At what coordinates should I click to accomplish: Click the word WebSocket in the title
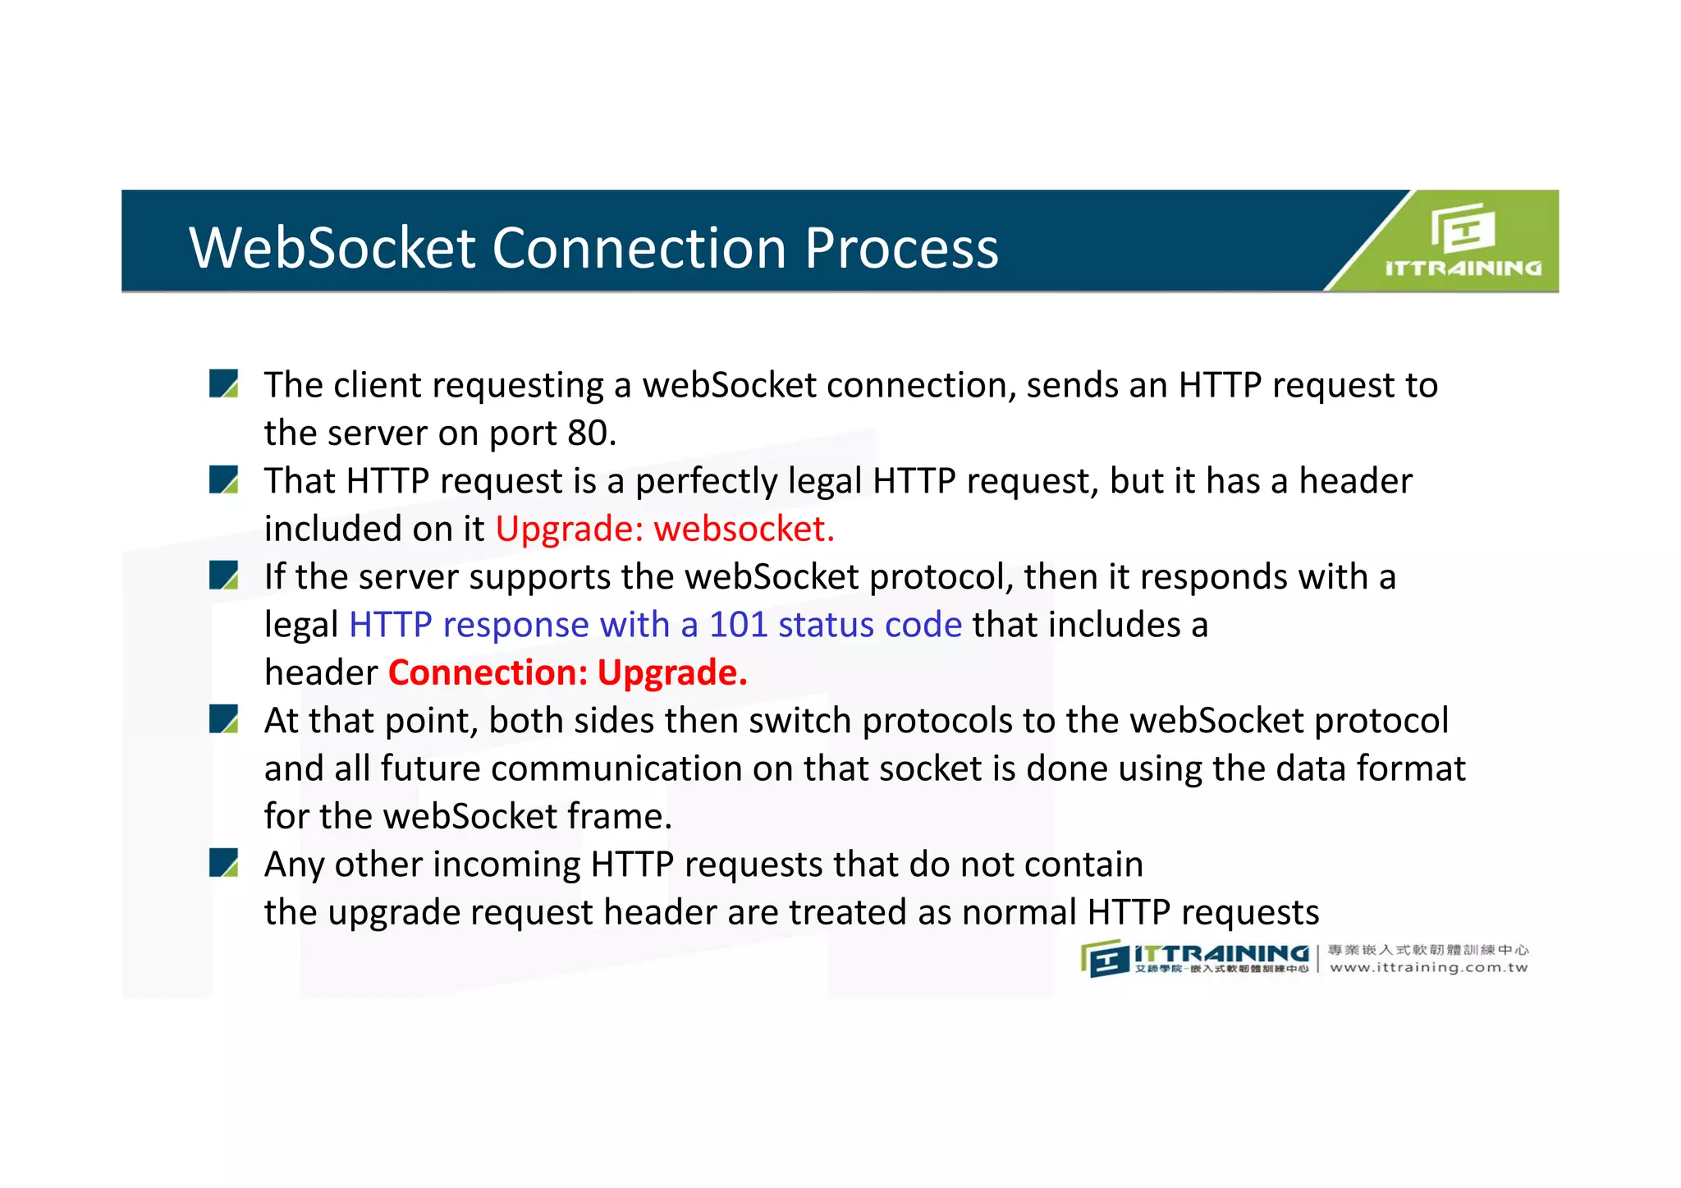332,247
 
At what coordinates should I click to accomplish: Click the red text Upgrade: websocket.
665,529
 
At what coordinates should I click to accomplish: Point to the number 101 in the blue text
738,625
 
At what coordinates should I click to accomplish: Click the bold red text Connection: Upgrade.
567,672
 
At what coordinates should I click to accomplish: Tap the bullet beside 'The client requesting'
223,383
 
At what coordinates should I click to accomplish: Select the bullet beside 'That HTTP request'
223,479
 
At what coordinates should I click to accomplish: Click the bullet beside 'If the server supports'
223,576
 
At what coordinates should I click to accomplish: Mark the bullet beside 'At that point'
223,719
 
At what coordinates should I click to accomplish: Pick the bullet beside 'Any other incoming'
223,863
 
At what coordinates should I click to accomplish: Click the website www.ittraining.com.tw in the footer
1428,968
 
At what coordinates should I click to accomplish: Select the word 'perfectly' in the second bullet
706,481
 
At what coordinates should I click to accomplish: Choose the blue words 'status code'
870,625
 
